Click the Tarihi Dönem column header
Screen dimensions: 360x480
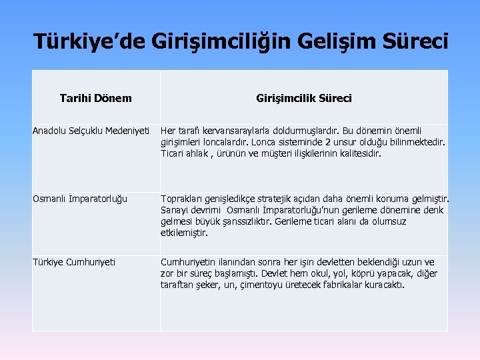click(x=95, y=98)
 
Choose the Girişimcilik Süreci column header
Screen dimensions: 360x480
click(x=304, y=98)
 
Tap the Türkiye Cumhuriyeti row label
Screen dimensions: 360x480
click(x=74, y=262)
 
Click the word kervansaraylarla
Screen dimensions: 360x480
click(x=232, y=129)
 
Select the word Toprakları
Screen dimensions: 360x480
click(x=181, y=198)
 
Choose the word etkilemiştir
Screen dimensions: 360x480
click(x=185, y=233)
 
